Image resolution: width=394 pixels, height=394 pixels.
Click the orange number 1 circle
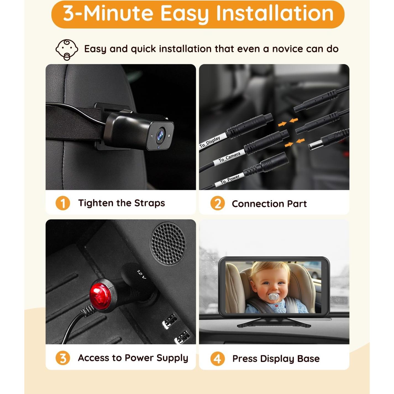point(63,203)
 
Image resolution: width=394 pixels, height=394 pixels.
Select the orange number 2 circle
point(217,204)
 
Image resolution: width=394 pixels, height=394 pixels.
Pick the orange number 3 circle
point(63,358)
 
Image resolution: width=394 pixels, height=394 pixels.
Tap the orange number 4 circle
point(217,359)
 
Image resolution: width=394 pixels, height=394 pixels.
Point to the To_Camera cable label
point(229,157)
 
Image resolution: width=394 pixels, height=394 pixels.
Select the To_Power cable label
point(230,180)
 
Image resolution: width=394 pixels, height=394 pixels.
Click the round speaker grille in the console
point(168,243)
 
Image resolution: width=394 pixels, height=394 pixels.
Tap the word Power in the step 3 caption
point(139,358)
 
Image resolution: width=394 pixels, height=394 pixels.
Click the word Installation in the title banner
point(275,14)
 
